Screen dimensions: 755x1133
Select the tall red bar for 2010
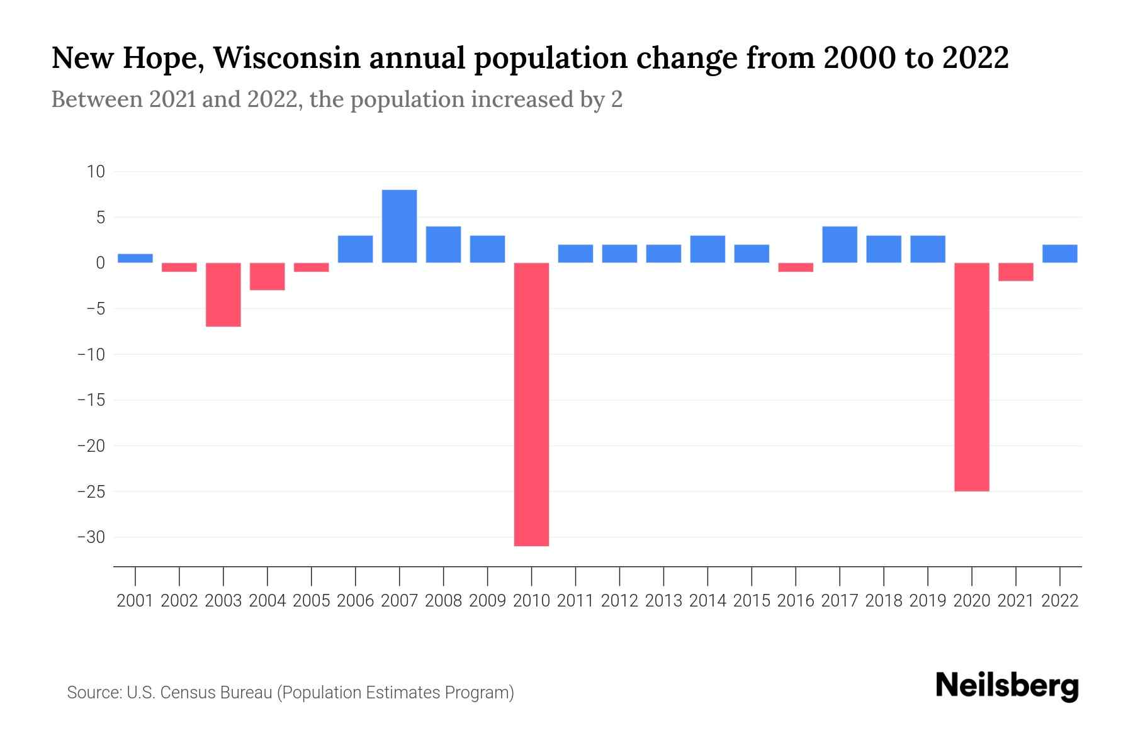531,404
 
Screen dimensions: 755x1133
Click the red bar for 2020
972,377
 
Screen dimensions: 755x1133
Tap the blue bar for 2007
399,226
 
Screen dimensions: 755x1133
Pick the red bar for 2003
223,294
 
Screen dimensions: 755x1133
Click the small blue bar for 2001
135,258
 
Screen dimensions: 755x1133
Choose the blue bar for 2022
1060,254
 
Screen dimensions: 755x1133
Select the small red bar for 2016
796,267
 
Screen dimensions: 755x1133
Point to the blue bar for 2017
840,245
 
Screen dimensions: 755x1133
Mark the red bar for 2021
1016,272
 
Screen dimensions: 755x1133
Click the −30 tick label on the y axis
91,537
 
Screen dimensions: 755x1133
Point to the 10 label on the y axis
96,172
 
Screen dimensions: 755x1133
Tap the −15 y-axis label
91,400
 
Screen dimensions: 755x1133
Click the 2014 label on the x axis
707,601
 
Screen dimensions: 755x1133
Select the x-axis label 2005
312,601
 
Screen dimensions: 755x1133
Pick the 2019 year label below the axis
928,601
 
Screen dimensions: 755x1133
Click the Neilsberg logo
1007,686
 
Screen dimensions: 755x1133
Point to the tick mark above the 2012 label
619,575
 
